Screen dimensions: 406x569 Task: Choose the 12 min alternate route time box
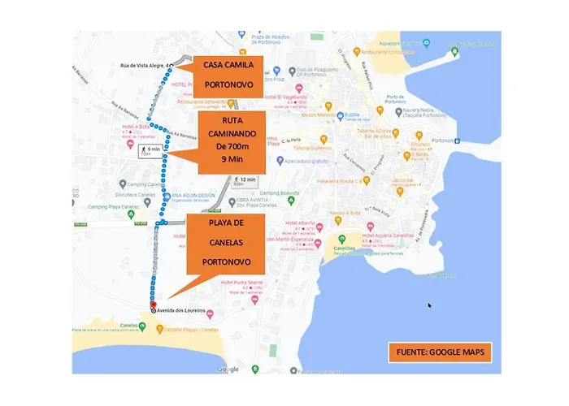tap(245, 180)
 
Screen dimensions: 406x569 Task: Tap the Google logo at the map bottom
tap(228, 369)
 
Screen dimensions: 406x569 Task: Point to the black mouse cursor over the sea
tap(431, 306)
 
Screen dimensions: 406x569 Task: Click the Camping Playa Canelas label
tap(113, 206)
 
